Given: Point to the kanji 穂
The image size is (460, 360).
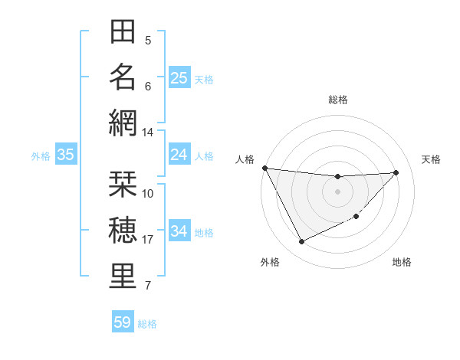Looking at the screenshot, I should tap(123, 230).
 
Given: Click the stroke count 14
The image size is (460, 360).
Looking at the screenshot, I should tap(148, 133).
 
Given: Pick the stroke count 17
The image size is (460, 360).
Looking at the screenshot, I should tap(148, 240).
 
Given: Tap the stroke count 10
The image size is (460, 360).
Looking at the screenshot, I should tap(148, 193).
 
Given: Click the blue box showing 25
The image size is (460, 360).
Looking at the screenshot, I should tap(179, 77).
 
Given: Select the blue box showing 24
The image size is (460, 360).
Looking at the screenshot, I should tap(179, 155).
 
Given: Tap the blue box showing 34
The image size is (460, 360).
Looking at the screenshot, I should tap(179, 231).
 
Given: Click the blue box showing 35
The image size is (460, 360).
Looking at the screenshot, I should tap(65, 155).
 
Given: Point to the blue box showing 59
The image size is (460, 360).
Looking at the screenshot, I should tap(123, 322).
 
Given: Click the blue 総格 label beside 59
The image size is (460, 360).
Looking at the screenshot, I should tap(148, 324).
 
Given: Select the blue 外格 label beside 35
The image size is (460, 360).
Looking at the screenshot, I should tap(41, 156).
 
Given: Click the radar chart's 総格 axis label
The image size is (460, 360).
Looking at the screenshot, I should tap(338, 100).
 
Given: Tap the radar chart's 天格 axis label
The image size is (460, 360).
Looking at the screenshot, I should tap(432, 159).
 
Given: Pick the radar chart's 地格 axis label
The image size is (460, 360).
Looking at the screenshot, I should tap(402, 262).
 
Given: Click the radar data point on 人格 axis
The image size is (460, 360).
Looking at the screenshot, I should tap(265, 168).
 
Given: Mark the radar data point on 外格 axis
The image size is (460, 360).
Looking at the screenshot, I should tap(301, 242).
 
